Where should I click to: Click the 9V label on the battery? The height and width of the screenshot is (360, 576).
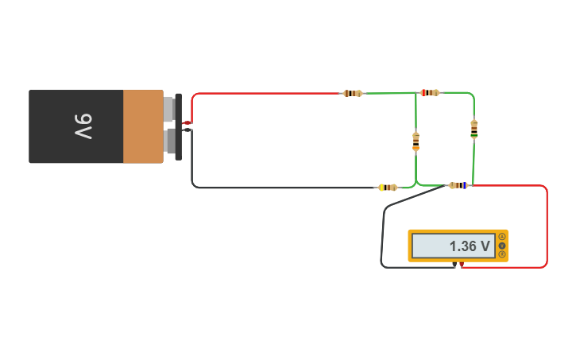(84, 126)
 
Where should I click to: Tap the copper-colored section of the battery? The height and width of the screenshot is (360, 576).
(143, 126)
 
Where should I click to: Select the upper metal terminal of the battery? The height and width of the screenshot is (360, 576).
(168, 109)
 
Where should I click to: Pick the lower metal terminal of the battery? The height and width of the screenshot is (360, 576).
(168, 141)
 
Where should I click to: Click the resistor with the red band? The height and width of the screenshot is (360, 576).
(429, 93)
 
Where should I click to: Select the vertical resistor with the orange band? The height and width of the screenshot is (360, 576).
(416, 141)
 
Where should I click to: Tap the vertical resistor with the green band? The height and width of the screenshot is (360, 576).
(474, 128)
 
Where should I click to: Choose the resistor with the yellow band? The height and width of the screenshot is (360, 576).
(388, 188)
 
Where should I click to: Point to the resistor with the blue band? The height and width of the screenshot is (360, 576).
(458, 185)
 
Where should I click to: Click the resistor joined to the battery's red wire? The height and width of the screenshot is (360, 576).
(352, 93)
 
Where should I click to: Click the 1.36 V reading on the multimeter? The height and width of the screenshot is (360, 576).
(469, 246)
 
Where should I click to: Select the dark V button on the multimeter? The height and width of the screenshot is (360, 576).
(502, 246)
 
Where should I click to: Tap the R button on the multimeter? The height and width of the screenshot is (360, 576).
(502, 254)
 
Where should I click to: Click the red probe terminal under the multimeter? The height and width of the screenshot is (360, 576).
(462, 264)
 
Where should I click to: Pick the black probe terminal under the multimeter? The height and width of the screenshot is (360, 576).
(454, 264)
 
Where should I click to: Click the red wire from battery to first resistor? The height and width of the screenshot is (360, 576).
(262, 93)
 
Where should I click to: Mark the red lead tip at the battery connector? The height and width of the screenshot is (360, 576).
(187, 122)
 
